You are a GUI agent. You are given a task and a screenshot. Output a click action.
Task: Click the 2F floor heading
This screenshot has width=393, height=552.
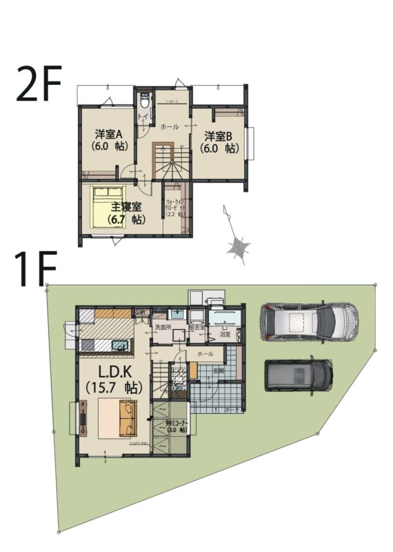pos(39,84)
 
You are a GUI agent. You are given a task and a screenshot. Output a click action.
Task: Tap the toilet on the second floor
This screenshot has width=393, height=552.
pos(143,101)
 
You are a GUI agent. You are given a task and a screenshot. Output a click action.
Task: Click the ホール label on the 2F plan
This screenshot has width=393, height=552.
pos(170,128)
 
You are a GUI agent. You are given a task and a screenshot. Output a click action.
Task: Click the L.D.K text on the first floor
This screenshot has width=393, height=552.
pos(109,371)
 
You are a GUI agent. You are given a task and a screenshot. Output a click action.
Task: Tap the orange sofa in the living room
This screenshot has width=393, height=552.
pos(125,418)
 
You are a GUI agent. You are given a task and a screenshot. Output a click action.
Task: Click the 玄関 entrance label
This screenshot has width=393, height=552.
pos(219,372)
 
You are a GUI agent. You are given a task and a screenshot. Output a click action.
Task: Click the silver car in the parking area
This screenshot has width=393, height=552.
pos(309,322)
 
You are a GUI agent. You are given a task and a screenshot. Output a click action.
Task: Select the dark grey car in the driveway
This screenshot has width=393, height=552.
pos(299,373)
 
